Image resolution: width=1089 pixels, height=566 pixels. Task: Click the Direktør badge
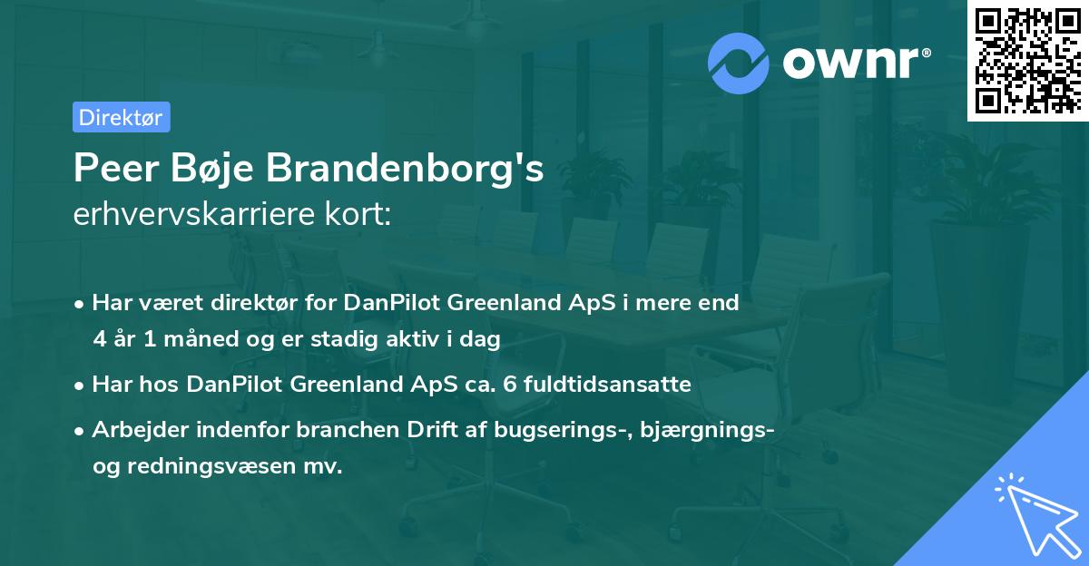click(x=121, y=117)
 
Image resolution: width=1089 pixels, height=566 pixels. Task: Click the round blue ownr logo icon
click(x=739, y=63)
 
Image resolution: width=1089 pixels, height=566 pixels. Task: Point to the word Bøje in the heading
click(x=215, y=170)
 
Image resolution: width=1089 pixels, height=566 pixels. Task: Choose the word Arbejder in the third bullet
click(x=134, y=430)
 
